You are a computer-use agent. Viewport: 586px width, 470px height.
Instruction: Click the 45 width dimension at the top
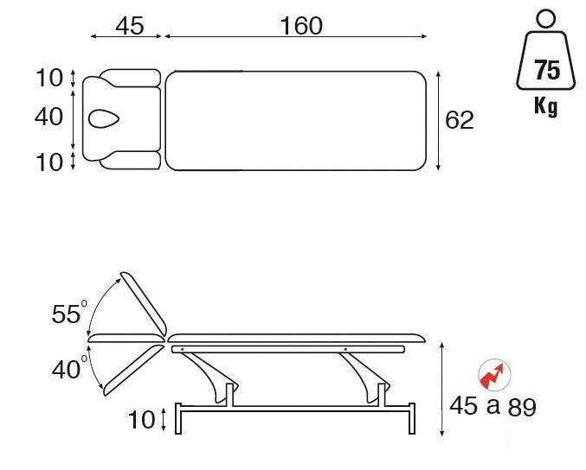(129, 26)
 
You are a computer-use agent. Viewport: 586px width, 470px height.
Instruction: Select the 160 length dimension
(300, 26)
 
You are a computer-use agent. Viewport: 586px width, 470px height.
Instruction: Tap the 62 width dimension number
(460, 120)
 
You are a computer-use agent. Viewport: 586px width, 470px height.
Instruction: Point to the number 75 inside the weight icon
(547, 69)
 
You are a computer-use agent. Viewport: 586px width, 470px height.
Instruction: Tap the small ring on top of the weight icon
(545, 17)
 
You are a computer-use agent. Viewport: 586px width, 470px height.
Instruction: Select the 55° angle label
(69, 314)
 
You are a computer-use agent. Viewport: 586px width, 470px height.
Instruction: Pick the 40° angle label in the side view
(69, 370)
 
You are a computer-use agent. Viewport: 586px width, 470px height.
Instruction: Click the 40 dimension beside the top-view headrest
(50, 117)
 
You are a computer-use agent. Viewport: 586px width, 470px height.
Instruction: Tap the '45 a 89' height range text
(493, 406)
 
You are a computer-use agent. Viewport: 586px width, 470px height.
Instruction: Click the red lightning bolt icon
(494, 375)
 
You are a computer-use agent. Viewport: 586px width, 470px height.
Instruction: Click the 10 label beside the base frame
(142, 421)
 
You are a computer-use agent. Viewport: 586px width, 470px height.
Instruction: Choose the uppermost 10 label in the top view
(50, 78)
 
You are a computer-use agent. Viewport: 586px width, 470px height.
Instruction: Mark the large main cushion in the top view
(297, 119)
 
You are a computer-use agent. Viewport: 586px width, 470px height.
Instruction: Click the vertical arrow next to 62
(440, 120)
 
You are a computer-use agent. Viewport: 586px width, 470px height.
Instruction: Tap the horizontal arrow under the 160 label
(295, 37)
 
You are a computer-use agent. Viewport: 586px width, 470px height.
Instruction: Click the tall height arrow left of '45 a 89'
(443, 387)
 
